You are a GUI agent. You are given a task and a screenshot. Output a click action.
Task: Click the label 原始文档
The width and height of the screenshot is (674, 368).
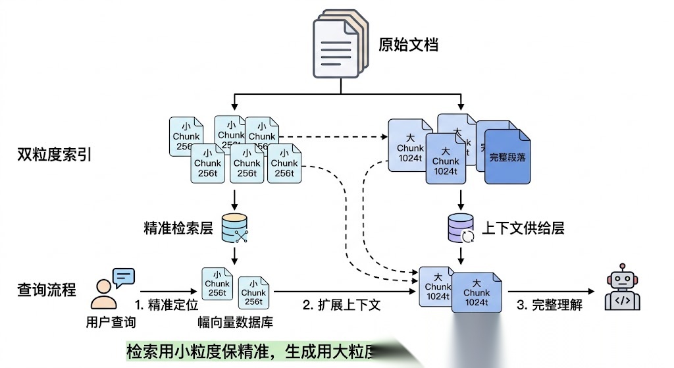pos(408,45)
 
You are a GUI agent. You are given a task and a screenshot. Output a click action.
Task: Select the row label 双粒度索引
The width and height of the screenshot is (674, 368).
pos(54,155)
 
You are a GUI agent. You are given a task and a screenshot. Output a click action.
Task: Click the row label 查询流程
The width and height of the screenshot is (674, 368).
pos(47,290)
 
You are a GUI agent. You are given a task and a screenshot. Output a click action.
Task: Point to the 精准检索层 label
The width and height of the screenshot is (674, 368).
pos(178,228)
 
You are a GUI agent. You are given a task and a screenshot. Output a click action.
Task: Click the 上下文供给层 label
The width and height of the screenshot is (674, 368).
pos(523,228)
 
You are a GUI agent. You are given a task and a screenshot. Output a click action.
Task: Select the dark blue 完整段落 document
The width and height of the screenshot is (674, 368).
pos(507,157)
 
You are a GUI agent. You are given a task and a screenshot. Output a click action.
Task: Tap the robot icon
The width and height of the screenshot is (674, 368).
pos(621,290)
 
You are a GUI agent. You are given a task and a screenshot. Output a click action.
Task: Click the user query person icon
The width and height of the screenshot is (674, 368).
pos(104,294)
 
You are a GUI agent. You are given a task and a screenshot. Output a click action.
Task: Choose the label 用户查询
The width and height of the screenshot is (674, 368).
pos(111,323)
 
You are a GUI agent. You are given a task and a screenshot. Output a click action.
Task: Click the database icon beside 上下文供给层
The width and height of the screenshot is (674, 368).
pos(460,228)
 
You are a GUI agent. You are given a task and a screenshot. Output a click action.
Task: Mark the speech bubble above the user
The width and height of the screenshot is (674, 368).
pos(124,277)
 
